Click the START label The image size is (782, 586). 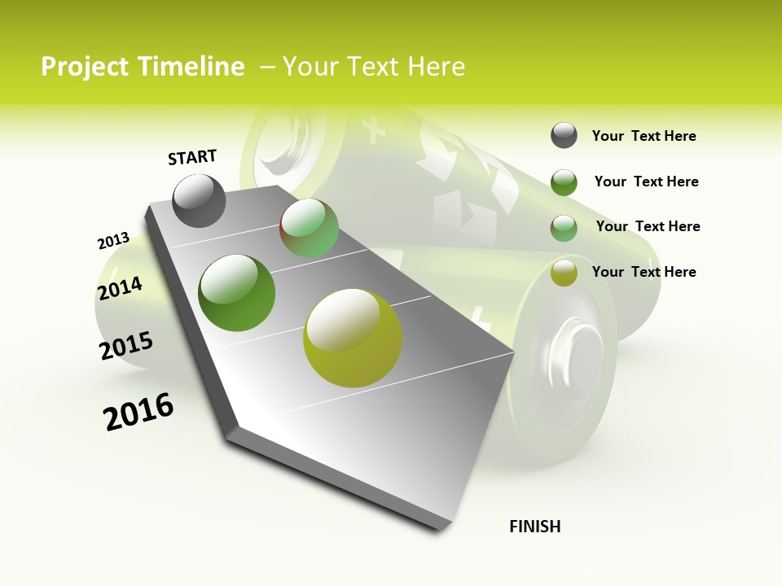click(192, 157)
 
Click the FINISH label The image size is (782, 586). click(534, 527)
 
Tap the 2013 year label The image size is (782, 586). click(113, 240)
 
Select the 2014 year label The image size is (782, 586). click(120, 289)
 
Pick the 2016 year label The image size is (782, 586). click(138, 411)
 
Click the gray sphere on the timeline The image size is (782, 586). click(200, 200)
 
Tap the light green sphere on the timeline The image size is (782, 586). click(309, 228)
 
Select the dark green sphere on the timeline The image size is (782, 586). click(237, 293)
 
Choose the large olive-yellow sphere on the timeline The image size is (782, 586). click(353, 338)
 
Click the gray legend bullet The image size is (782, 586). click(564, 136)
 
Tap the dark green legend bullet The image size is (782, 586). click(564, 182)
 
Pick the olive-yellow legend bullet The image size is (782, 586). click(564, 273)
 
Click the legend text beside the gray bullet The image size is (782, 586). click(644, 136)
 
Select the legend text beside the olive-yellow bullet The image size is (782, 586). click(644, 272)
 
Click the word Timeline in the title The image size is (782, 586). click(191, 67)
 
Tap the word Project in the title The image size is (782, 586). click(85, 67)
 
